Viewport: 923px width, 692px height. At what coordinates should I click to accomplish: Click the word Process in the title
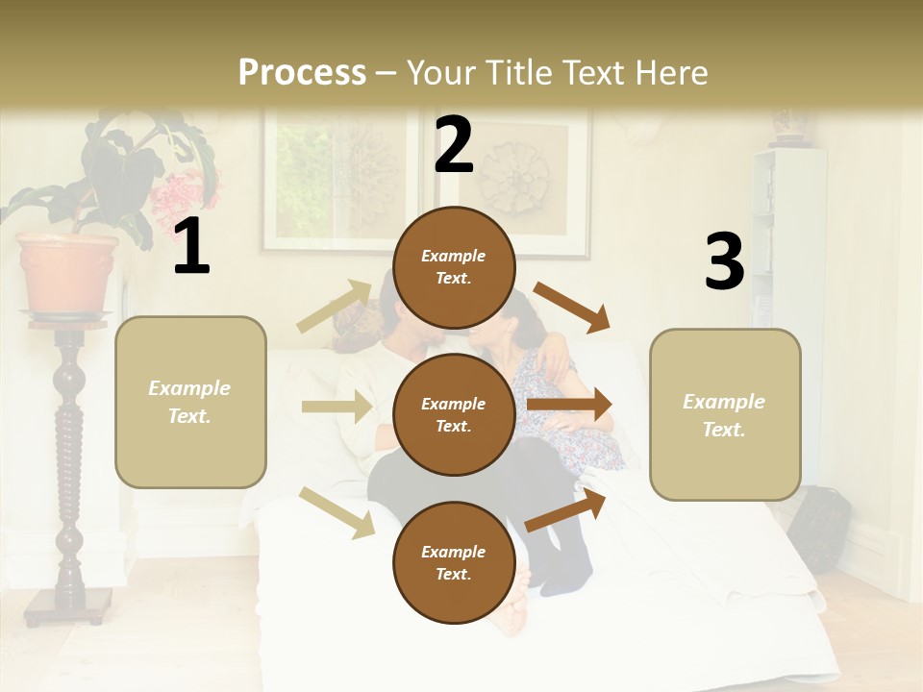(302, 73)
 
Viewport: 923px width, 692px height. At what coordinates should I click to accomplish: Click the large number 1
(191, 247)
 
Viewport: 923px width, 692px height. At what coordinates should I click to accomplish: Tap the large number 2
(454, 145)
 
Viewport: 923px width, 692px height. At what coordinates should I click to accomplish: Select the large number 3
(724, 262)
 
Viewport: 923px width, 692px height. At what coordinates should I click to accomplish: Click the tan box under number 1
(190, 402)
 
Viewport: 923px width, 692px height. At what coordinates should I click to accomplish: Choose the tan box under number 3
(725, 415)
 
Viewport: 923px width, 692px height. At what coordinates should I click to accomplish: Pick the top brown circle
(454, 267)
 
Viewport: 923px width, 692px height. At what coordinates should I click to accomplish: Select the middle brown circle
(454, 415)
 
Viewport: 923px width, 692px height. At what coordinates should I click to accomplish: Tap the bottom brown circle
(454, 563)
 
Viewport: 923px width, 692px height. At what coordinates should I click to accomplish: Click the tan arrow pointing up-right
(335, 307)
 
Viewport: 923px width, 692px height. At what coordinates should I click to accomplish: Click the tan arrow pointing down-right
(337, 511)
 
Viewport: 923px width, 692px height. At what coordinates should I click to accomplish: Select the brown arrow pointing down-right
(572, 308)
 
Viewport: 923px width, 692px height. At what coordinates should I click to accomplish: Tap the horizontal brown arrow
(569, 405)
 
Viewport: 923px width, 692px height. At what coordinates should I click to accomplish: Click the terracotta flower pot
(67, 273)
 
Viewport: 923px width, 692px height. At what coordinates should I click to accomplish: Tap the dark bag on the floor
(819, 527)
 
